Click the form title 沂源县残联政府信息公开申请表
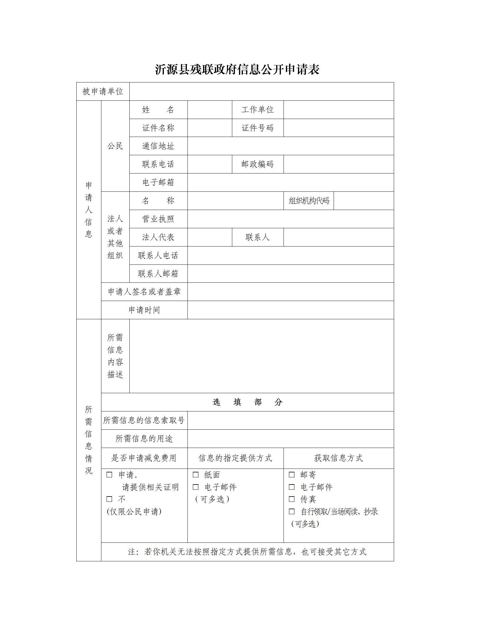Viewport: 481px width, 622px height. pos(237,70)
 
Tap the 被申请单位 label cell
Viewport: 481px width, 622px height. pos(103,92)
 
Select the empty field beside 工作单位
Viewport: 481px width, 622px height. pos(338,110)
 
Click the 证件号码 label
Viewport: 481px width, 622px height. pos(258,128)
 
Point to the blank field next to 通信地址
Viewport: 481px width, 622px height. pos(290,146)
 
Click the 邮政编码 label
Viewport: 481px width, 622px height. pos(258,164)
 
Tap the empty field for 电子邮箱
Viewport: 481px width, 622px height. pos(290,183)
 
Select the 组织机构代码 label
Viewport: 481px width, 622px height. pos(309,201)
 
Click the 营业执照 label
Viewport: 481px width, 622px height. pos(158,219)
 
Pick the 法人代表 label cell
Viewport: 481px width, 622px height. pos(158,237)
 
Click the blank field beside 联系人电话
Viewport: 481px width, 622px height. pos(290,256)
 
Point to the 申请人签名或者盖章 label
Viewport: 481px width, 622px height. pos(144,292)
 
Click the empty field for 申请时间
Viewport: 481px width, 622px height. pos(290,310)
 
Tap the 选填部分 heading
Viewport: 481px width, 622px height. pos(247,402)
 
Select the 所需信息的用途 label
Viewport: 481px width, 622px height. pos(144,439)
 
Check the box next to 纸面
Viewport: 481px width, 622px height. pos(196,475)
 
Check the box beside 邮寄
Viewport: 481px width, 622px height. pos(292,475)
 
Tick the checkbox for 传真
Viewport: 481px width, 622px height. pos(292,499)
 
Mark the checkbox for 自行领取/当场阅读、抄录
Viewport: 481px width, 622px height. pos(292,512)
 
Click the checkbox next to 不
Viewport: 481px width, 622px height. pos(109,499)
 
